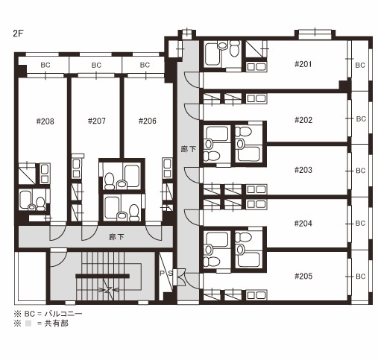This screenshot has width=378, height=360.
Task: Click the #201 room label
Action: click(303, 64)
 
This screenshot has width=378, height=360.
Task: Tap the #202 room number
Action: click(303, 120)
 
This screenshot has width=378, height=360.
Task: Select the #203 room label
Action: click(303, 170)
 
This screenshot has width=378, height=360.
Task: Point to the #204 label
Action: click(303, 224)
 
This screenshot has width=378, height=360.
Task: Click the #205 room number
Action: click(303, 276)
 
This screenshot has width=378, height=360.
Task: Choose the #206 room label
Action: click(148, 121)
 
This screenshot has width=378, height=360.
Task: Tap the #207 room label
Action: click(97, 121)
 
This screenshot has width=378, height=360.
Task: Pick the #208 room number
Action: click(45, 121)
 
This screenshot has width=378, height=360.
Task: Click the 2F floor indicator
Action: click(18, 34)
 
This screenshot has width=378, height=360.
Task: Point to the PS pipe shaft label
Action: click(166, 274)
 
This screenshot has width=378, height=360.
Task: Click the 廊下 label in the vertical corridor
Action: click(188, 149)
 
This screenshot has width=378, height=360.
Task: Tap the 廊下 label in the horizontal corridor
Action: click(116, 237)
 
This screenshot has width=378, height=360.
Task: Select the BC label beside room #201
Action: click(360, 65)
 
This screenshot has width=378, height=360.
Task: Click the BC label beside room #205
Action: click(361, 277)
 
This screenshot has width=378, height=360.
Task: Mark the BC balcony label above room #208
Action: click(45, 65)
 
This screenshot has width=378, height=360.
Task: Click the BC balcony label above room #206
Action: click(145, 65)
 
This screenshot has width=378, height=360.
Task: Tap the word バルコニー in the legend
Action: click(63, 314)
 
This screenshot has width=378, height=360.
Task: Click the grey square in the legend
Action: click(28, 323)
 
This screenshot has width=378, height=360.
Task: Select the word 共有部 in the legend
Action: click(56, 323)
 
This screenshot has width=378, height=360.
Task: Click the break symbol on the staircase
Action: click(109, 289)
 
